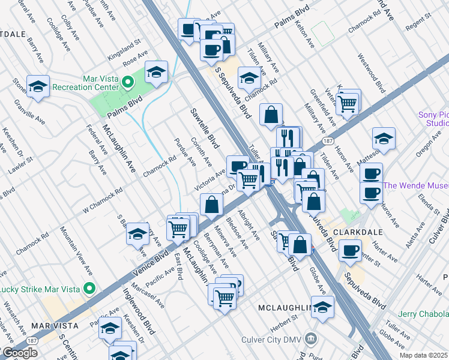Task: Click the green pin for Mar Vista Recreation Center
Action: tap(127, 82)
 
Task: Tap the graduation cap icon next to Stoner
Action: tap(38, 88)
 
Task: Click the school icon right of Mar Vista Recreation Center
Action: tap(156, 73)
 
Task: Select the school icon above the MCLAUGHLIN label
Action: tap(322, 307)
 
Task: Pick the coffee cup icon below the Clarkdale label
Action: tap(349, 250)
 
